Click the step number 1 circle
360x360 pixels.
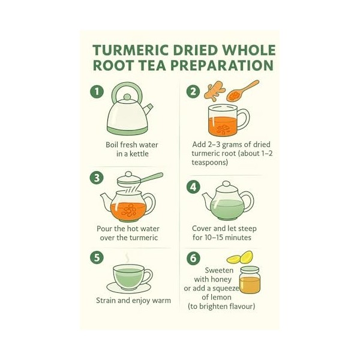(97, 92)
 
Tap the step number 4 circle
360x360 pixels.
(193, 187)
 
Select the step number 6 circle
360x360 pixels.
(193, 258)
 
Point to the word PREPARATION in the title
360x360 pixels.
(222, 65)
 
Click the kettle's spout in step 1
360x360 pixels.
(148, 109)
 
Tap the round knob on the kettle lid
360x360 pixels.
(127, 97)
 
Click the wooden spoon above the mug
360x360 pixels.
(242, 91)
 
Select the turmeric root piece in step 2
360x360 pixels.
(214, 92)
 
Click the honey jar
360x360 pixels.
(250, 280)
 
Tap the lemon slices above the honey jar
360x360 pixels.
(240, 257)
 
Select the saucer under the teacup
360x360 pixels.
(129, 287)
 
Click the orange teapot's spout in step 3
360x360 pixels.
(106, 200)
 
